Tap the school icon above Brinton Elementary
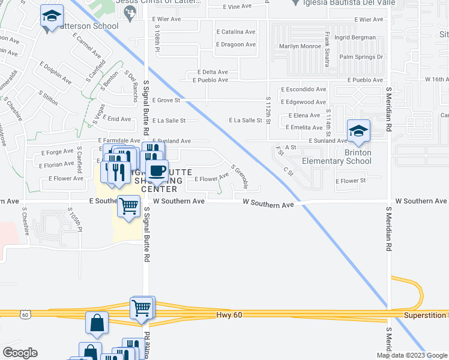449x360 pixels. pos(358,131)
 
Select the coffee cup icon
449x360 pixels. pos(157,171)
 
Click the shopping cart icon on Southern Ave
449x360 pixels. pos(129,206)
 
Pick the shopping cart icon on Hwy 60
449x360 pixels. pos(142,308)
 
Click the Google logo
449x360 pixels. pos(19,353)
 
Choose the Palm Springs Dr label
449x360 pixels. pos(361,57)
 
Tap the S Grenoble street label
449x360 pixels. pos(240,176)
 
